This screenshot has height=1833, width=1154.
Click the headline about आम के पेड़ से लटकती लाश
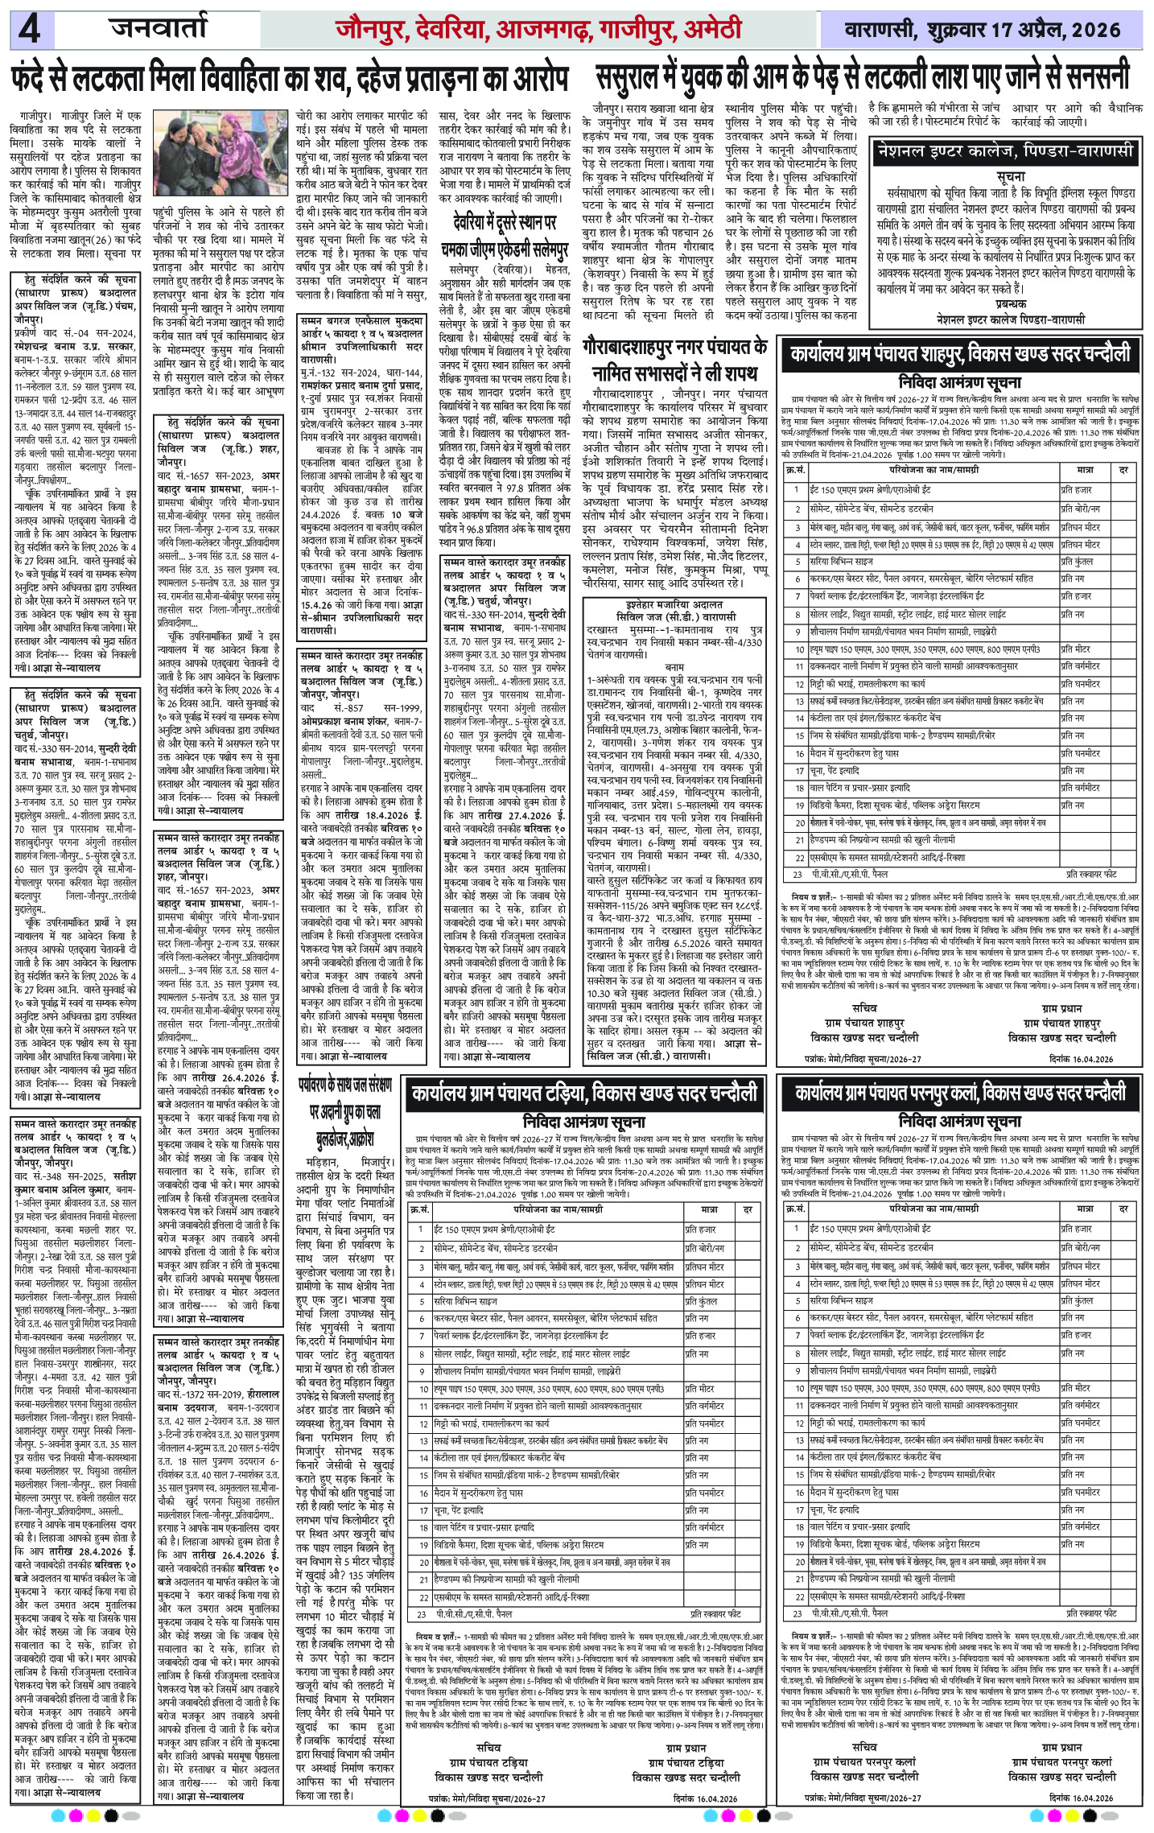[x=862, y=78]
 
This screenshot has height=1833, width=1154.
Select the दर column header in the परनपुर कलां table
[x=1124, y=1208]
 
